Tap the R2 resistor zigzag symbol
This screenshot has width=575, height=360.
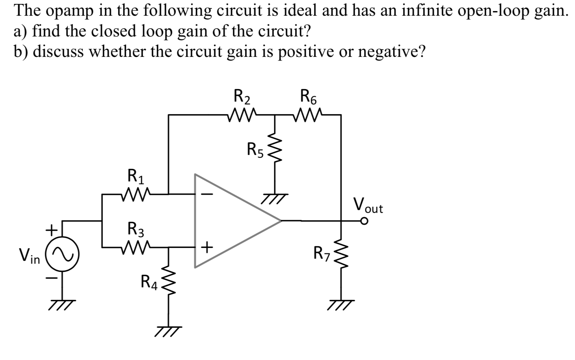pyautogui.click(x=242, y=115)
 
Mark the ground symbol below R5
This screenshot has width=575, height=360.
pyautogui.click(x=274, y=198)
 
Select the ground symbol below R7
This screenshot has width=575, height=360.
pyautogui.click(x=341, y=303)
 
